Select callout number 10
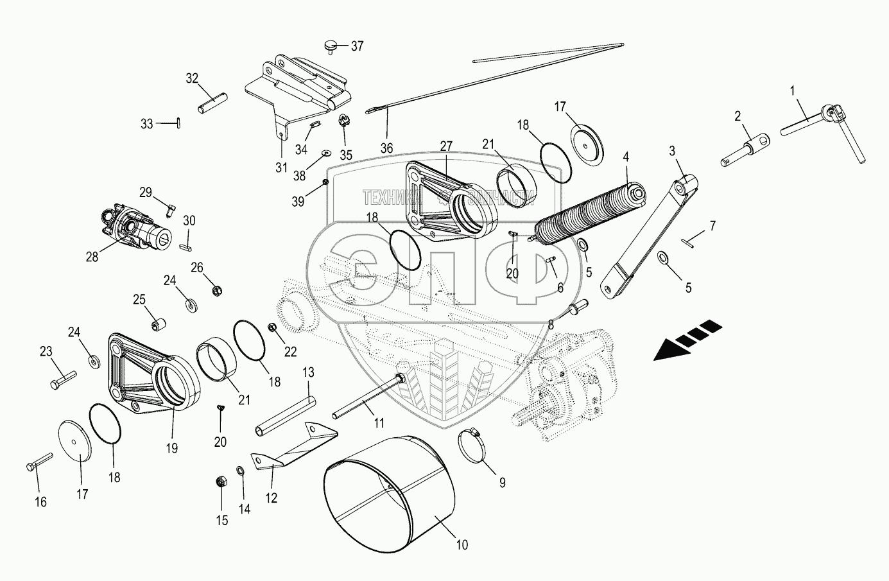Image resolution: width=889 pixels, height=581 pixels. [x=462, y=545]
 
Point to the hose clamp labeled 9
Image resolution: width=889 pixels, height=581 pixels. [x=474, y=442]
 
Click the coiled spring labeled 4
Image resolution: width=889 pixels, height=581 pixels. [x=589, y=212]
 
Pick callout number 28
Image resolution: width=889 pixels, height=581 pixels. [x=92, y=257]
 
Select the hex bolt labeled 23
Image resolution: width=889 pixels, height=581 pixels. [x=62, y=379]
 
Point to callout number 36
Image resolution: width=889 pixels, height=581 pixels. [x=386, y=147]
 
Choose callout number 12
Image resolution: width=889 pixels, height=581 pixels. [x=272, y=498]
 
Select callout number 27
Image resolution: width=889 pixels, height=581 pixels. [x=446, y=146]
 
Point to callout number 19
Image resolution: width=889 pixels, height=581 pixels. [x=172, y=449]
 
